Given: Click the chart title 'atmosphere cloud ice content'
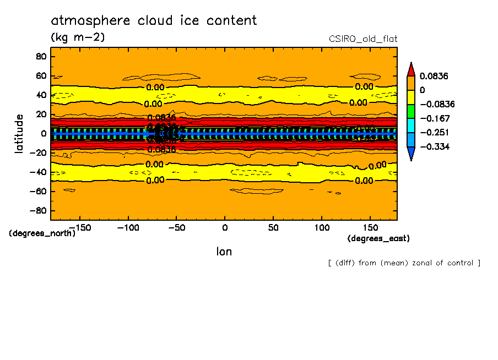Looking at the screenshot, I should (x=154, y=21).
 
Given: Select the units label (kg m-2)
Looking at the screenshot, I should (x=78, y=37).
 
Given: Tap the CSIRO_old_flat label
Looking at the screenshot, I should (x=362, y=39).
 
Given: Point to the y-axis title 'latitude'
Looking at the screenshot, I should (x=19, y=133).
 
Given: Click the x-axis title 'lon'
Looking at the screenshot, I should (x=224, y=252).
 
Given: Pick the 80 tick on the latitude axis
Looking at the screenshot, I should (x=41, y=56).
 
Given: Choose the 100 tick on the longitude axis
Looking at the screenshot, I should (x=322, y=227).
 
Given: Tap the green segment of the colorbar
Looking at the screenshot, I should (x=411, y=111).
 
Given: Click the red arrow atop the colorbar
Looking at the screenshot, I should (x=411, y=68).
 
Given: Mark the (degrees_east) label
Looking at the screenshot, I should (x=378, y=238).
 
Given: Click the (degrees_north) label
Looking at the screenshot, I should (x=42, y=233).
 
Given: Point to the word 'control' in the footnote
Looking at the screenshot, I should (x=461, y=263).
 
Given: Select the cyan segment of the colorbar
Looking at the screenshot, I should (x=411, y=126).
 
